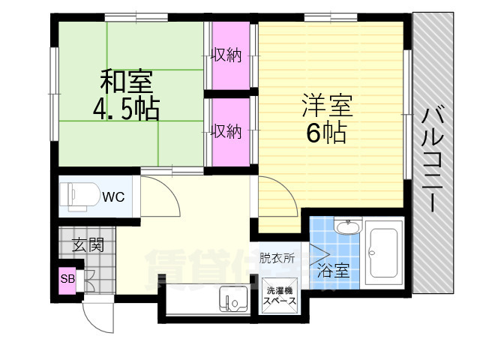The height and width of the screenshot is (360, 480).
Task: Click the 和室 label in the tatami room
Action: pyautogui.click(x=127, y=82)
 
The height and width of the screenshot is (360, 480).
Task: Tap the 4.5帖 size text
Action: pyautogui.click(x=126, y=109)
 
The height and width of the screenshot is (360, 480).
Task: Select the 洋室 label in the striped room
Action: pyautogui.click(x=327, y=106)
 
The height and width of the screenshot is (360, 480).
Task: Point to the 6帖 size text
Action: pyautogui.click(x=327, y=133)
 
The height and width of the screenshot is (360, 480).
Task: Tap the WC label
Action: pyautogui.click(x=113, y=196)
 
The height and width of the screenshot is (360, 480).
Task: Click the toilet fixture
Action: pyautogui.click(x=79, y=196)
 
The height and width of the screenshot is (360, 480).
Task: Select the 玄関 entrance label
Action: pyautogui.click(x=88, y=244)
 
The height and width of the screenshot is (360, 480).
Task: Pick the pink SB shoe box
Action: pyautogui.click(x=67, y=280)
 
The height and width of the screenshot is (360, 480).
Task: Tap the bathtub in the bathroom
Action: pyautogui.click(x=384, y=252)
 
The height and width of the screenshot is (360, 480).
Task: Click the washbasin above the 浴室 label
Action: pyautogui.click(x=348, y=226)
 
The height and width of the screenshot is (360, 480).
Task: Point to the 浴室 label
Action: pyautogui.click(x=333, y=271)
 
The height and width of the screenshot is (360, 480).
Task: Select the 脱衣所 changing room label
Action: pyautogui.click(x=277, y=258)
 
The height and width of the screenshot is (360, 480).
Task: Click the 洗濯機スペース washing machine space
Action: pyautogui.click(x=280, y=295)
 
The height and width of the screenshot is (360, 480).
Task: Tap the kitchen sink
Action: pyautogui.click(x=234, y=298)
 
